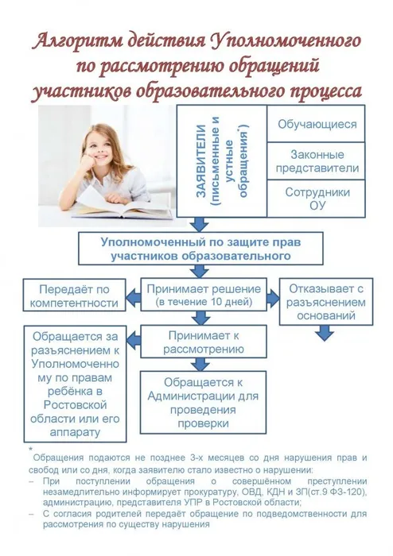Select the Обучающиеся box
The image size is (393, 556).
[x=317, y=125]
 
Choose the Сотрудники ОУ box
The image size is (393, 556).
[x=317, y=199]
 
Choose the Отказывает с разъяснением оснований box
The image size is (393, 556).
[x=327, y=302]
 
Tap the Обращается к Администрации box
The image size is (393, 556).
[x=201, y=396]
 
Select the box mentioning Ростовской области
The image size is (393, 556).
[x=72, y=384]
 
